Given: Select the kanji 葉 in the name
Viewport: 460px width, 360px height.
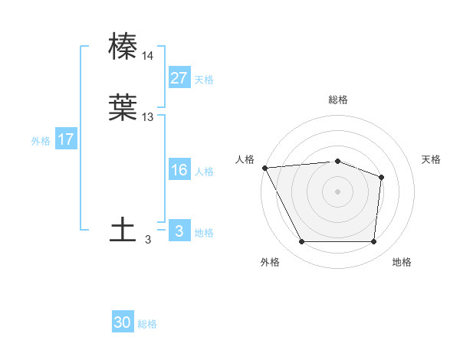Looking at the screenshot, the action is click(x=123, y=107).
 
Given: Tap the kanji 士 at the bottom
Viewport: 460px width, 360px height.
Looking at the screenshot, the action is click(x=123, y=230).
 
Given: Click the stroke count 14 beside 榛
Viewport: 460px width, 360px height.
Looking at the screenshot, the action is click(x=148, y=56).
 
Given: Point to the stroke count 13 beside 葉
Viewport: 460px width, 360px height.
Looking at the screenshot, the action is click(x=148, y=117).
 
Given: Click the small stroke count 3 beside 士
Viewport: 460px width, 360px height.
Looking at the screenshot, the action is click(x=148, y=240).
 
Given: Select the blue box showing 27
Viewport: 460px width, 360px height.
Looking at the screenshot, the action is click(x=179, y=78).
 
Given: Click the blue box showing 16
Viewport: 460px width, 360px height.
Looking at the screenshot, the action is click(x=179, y=170).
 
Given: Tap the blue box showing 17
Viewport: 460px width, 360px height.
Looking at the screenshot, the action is click(x=66, y=139).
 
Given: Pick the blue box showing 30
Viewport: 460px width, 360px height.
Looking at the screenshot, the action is click(x=123, y=323).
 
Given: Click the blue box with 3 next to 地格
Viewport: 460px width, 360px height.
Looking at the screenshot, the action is click(x=179, y=231).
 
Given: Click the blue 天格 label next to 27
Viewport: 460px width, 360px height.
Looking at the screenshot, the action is click(x=204, y=80).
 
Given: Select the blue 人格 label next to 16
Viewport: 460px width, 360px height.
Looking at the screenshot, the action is click(x=204, y=172).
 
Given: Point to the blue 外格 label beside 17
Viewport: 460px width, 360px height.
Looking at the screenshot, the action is click(x=41, y=141).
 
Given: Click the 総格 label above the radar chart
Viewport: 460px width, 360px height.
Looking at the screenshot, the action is click(x=338, y=100).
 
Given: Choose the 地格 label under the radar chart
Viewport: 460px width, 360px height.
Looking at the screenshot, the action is click(x=402, y=263).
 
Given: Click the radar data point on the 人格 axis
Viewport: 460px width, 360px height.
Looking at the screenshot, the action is click(x=264, y=167).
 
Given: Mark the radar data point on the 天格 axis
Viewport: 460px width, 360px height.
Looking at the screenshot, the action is click(x=381, y=177).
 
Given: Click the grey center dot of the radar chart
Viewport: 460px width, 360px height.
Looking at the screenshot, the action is click(x=338, y=191).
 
